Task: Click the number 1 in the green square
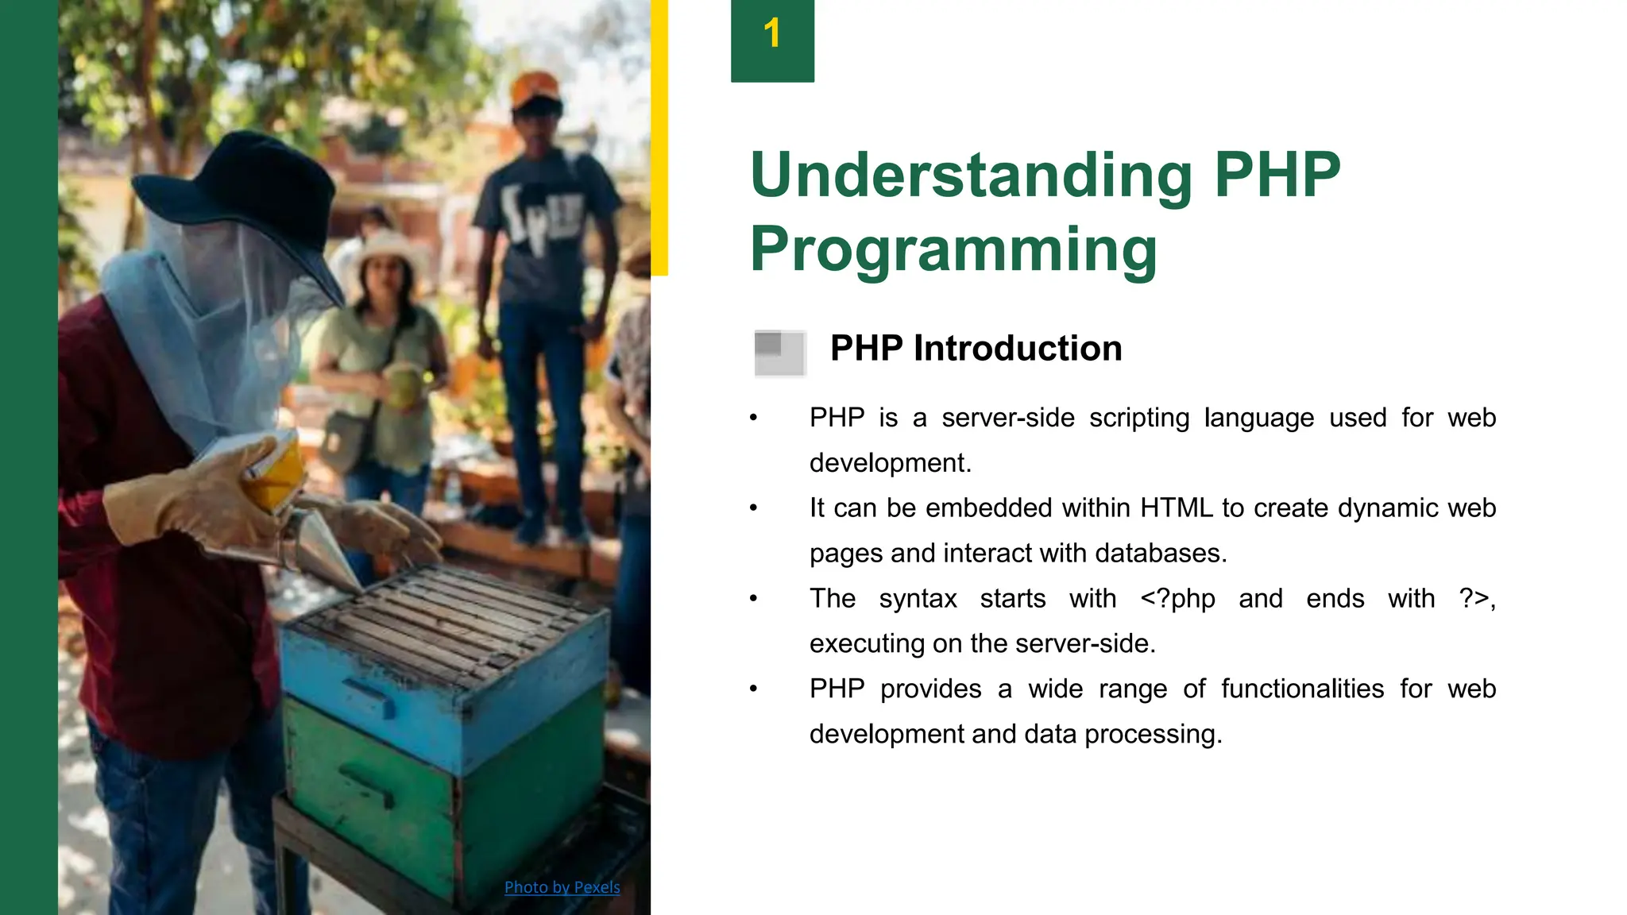point(771,34)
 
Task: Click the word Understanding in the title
point(971,176)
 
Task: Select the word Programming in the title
point(953,249)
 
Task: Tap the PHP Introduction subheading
point(976,349)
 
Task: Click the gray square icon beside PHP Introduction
point(779,353)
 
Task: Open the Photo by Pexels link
point(562,887)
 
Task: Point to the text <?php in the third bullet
point(1177,598)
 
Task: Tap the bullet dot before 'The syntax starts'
point(753,599)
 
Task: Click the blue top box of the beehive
point(445,699)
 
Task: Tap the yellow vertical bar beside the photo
point(659,135)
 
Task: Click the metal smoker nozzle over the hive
point(326,548)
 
